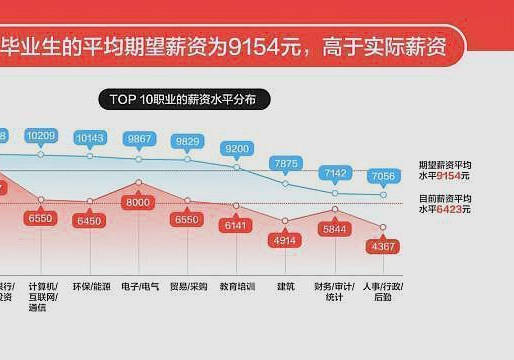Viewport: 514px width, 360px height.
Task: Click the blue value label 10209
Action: [41, 135]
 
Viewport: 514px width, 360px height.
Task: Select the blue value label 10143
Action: [90, 137]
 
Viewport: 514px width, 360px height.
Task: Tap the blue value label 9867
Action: [139, 138]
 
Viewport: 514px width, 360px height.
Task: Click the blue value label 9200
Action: [237, 148]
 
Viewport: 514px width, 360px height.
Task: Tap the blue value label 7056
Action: [383, 175]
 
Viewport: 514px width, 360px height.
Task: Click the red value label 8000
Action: [139, 202]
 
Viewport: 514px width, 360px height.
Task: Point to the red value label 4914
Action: [286, 240]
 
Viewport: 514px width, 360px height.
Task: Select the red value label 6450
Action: [90, 220]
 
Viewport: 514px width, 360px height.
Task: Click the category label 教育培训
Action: [237, 286]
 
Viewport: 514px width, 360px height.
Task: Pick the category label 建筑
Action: [286, 286]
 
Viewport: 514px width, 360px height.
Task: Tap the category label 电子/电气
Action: [139, 286]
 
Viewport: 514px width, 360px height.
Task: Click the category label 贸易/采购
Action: [188, 286]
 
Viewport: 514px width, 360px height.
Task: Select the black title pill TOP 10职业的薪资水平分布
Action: [190, 100]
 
